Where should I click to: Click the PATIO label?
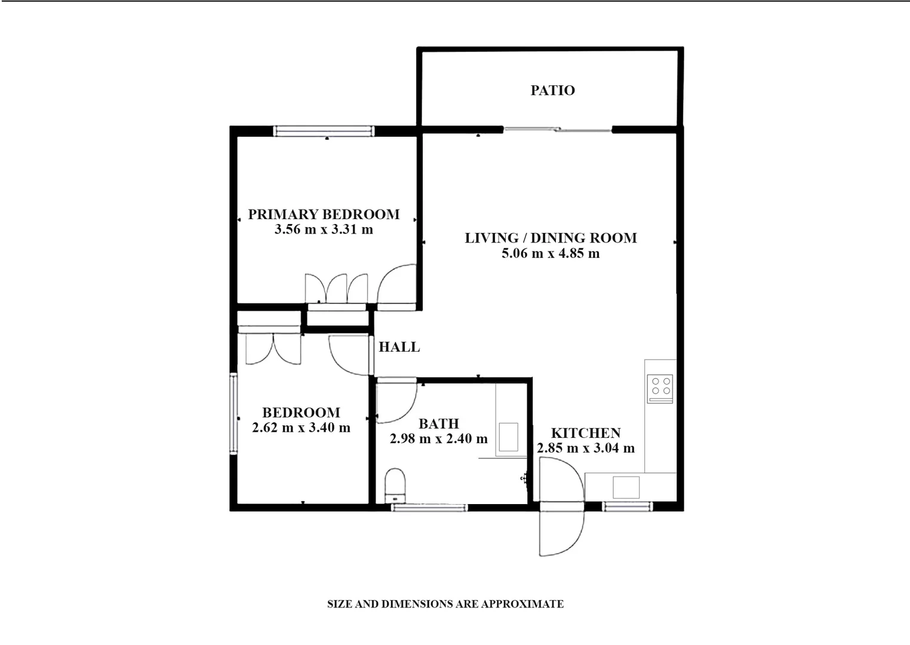pos(552,90)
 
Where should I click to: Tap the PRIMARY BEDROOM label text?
pos(324,214)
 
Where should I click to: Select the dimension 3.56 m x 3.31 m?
pos(324,229)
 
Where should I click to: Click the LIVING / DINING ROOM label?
pos(551,238)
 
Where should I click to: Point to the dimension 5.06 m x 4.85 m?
pos(551,253)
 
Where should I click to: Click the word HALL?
pos(399,347)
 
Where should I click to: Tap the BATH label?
pos(439,424)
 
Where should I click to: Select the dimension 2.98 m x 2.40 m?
pos(439,439)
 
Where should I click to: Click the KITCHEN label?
pos(586,433)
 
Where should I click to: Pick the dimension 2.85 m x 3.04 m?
pos(586,448)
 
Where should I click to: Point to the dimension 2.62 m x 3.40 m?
pos(301,428)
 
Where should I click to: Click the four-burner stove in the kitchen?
pos(660,388)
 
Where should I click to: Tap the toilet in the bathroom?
pos(395,486)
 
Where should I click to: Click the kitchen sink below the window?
pos(626,487)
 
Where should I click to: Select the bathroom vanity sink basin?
pos(509,437)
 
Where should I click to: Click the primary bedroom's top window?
pos(324,131)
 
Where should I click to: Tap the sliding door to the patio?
pos(558,129)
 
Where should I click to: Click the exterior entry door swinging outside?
pos(560,530)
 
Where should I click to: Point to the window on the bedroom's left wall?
pos(233,413)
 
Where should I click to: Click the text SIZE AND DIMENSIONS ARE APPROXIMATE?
pos(445,604)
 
